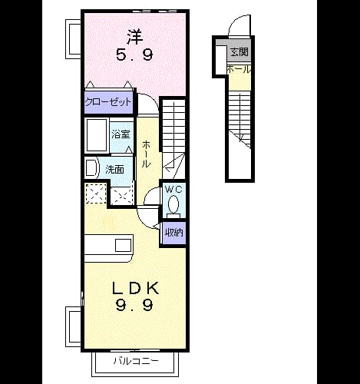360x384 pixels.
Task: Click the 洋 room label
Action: [x=134, y=37]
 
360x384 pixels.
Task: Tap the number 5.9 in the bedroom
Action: [x=134, y=55]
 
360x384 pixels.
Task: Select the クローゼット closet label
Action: [x=108, y=102]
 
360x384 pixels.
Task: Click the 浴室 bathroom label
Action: [x=121, y=134]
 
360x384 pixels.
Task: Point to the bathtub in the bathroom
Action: [x=97, y=135]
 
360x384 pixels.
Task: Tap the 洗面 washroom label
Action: [x=115, y=169]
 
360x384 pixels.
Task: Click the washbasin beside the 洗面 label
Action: [x=91, y=167]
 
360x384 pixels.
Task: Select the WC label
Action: [x=173, y=190]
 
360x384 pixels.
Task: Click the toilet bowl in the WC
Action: [x=173, y=205]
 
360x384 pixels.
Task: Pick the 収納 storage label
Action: [x=174, y=233]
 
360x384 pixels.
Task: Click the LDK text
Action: [x=135, y=288]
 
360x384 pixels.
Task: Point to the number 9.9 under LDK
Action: [x=134, y=305]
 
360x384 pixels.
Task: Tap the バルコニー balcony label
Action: [x=136, y=361]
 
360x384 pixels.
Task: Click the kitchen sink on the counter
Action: [x=124, y=246]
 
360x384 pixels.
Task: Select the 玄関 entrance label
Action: [x=239, y=52]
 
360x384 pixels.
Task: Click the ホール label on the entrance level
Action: [x=239, y=69]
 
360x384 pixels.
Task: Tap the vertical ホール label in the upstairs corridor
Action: [x=146, y=154]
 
